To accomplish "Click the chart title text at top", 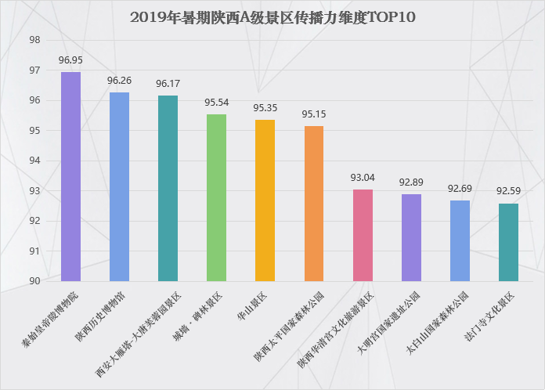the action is [x=272, y=17].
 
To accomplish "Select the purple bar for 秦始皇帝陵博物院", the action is [x=71, y=176].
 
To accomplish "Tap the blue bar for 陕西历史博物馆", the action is [x=119, y=186].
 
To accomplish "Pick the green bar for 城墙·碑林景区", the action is [x=217, y=198].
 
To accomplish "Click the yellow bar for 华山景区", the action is [x=265, y=200].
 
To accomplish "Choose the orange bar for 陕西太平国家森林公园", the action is [x=314, y=204].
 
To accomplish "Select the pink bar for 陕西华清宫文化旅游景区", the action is [x=363, y=235].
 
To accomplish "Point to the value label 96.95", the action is [x=70, y=60].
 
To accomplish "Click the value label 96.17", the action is [x=168, y=84].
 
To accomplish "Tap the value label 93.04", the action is [x=363, y=178].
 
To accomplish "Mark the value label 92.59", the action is [x=508, y=191].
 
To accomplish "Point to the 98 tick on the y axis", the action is [x=34, y=40].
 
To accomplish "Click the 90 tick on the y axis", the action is [x=34, y=281].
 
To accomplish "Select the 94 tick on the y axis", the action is [x=34, y=161].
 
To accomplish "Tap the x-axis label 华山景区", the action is [x=252, y=306].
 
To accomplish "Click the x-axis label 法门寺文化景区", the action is [x=489, y=316].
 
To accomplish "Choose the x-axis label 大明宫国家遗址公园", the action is [x=389, y=323].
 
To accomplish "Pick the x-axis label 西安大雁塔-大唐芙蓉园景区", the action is [x=139, y=334].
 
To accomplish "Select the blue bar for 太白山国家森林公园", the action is [x=460, y=241].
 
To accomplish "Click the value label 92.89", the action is [x=411, y=182].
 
